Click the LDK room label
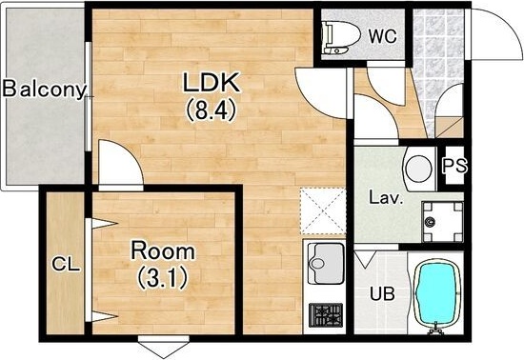(212, 82)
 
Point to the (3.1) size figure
(162, 278)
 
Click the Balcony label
(44, 90)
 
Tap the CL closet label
(66, 265)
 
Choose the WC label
(383, 36)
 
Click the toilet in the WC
(340, 37)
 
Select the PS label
(454, 165)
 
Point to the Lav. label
(385, 198)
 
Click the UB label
(382, 293)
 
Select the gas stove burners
(326, 315)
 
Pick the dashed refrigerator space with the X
(323, 211)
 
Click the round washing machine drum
(418, 169)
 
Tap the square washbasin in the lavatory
(442, 222)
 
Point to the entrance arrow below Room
(164, 346)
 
